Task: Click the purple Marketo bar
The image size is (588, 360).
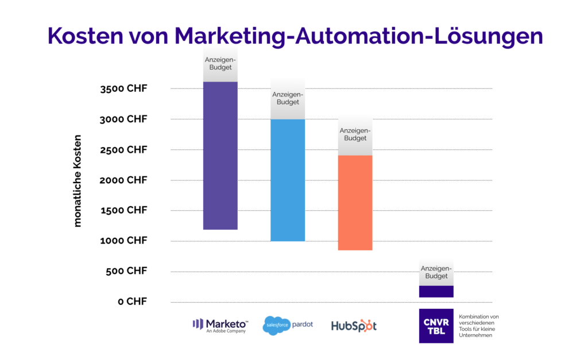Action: (x=220, y=156)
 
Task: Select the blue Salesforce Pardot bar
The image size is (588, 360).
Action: (x=288, y=180)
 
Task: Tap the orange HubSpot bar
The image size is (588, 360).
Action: (x=355, y=203)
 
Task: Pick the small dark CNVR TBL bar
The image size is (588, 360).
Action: (x=436, y=291)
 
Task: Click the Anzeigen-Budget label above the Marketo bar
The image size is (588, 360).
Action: (x=220, y=64)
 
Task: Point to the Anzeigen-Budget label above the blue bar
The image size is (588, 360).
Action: (x=288, y=98)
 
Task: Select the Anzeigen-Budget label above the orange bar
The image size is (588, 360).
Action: (x=355, y=134)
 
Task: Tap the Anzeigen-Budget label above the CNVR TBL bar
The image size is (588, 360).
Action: (x=436, y=272)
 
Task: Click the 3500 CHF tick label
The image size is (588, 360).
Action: (x=123, y=89)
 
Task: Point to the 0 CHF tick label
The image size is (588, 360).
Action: (x=133, y=301)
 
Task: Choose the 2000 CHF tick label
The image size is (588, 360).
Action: (x=123, y=180)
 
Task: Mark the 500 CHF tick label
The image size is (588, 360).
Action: (x=126, y=271)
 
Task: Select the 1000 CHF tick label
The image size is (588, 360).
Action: (x=123, y=241)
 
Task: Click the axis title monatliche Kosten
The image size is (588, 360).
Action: (x=78, y=181)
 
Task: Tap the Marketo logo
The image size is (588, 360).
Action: (x=220, y=325)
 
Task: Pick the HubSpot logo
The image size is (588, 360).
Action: (x=354, y=326)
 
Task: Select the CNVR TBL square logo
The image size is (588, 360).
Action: (x=436, y=326)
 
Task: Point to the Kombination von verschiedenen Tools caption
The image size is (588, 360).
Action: (x=479, y=326)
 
